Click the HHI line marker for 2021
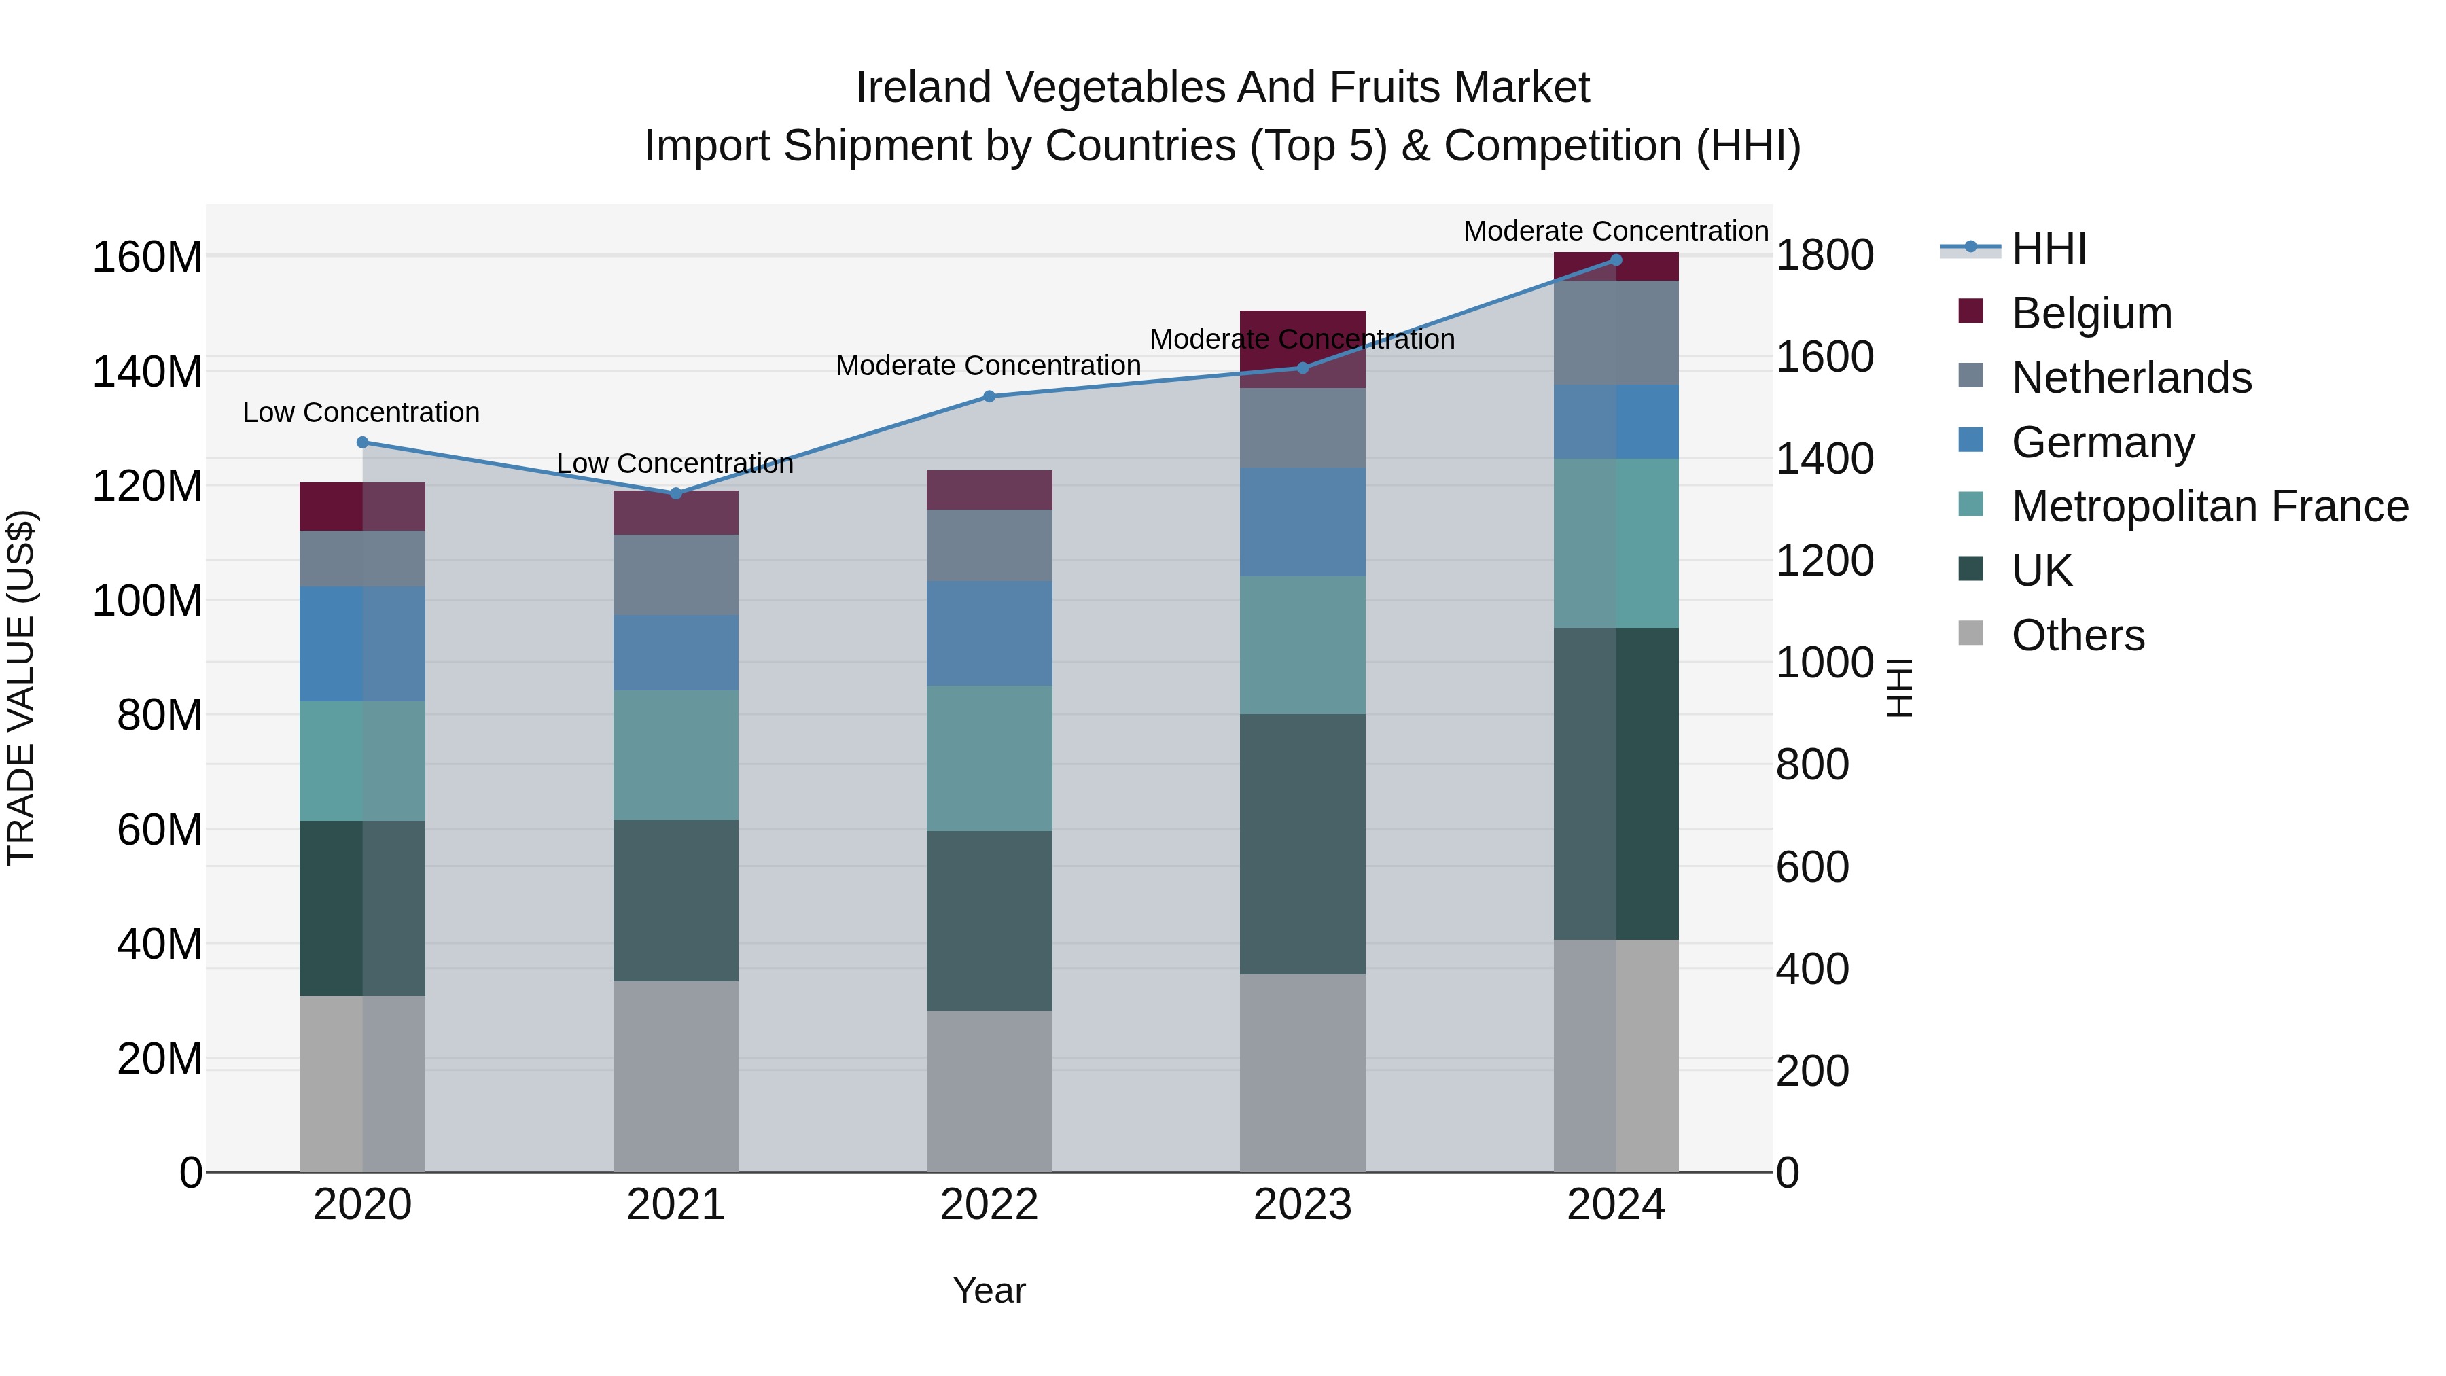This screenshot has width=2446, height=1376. point(675,493)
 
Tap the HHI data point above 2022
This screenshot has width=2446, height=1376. point(989,396)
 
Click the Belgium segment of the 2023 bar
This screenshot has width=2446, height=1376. point(1302,349)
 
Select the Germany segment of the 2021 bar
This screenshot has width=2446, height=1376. point(675,652)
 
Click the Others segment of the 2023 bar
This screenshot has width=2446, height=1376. point(1302,1072)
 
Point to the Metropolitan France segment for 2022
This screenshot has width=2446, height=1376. point(989,758)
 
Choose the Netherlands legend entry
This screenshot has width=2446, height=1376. point(2131,378)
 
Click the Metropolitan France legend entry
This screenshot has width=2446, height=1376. point(2209,506)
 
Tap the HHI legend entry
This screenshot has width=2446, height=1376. point(2048,249)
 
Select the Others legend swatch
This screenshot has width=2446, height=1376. point(1970,633)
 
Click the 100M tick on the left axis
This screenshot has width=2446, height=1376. point(147,601)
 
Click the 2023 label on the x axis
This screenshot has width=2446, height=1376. point(1302,1205)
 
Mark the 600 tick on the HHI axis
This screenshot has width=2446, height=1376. point(1811,867)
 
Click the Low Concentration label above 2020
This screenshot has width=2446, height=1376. point(361,412)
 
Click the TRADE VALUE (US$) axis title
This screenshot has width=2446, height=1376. point(21,688)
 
